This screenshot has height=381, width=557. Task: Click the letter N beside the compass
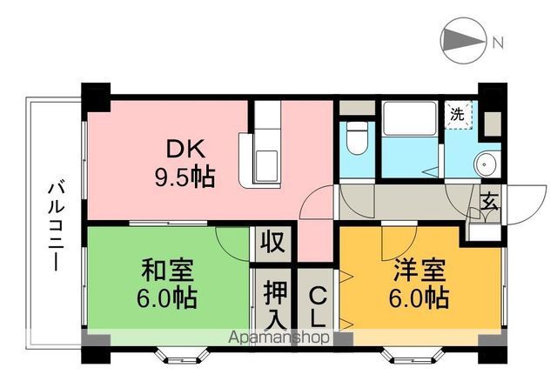coord(496,41)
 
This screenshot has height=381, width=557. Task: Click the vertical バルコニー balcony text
coord(56,224)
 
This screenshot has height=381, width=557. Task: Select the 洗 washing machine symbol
coord(456,114)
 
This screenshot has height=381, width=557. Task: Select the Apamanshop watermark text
coord(278,337)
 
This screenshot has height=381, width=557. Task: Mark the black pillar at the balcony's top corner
coord(97,94)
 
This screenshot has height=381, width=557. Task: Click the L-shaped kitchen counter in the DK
coord(265,148)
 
